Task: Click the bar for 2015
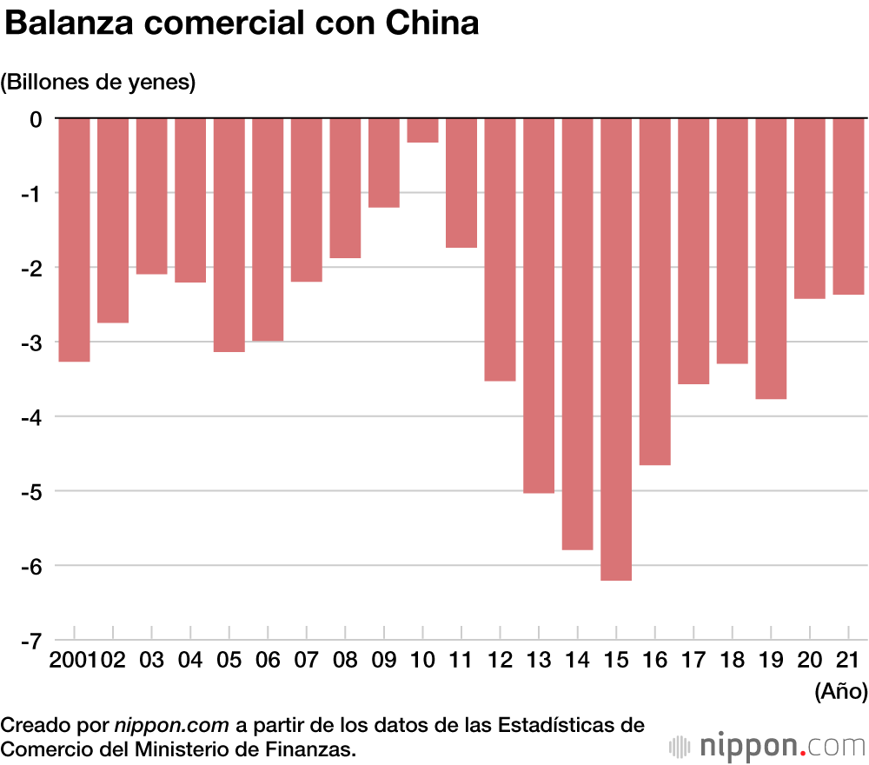click(616, 348)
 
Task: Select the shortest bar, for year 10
click(422, 130)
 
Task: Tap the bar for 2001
click(74, 239)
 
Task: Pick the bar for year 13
click(539, 304)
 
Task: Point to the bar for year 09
click(383, 163)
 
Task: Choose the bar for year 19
click(771, 258)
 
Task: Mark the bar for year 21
click(849, 206)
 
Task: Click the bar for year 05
click(229, 235)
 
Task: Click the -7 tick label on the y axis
click(30, 642)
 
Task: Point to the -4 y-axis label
click(30, 417)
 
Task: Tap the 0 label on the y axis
click(36, 118)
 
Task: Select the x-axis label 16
click(655, 660)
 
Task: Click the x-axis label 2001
click(75, 660)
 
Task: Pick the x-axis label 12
click(500, 660)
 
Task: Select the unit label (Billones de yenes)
click(98, 83)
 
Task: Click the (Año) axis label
click(840, 692)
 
